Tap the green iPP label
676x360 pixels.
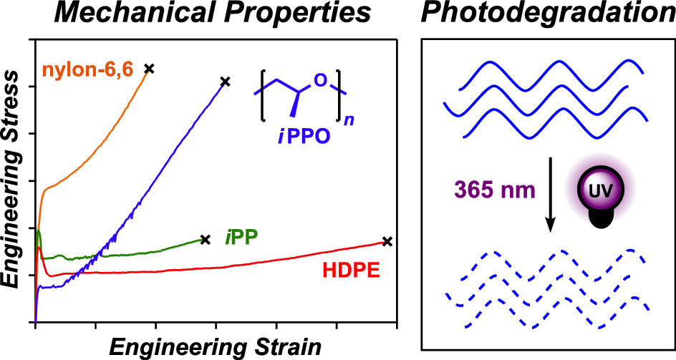pyautogui.click(x=241, y=238)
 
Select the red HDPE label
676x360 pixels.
pyautogui.click(x=352, y=271)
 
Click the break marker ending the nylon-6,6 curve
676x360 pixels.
pyautogui.click(x=149, y=68)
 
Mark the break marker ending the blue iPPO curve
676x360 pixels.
pyautogui.click(x=225, y=81)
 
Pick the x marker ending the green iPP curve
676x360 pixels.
pyautogui.click(x=206, y=239)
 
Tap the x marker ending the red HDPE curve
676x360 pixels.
pyautogui.click(x=387, y=241)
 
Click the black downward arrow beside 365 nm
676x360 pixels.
pyautogui.click(x=551, y=194)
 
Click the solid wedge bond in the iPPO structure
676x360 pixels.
pyautogui.click(x=294, y=104)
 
